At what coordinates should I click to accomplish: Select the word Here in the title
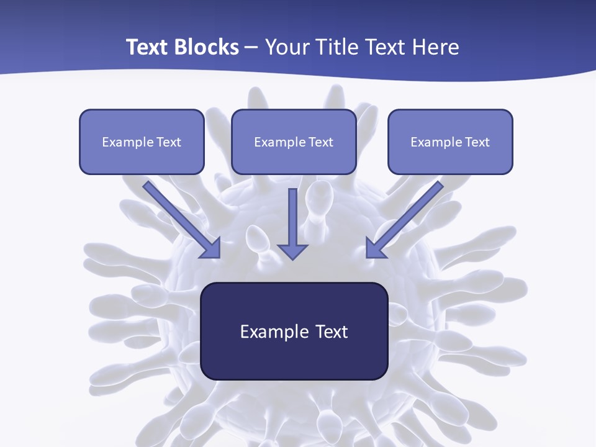tap(436, 47)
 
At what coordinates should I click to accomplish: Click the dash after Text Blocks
tap(252, 48)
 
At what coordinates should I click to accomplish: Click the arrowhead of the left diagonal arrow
tap(212, 248)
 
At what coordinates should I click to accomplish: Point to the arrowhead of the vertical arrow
tap(292, 251)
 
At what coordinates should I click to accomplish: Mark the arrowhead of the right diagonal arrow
tap(374, 248)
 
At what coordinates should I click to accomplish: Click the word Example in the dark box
tap(274, 332)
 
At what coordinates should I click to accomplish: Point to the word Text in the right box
tap(477, 142)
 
